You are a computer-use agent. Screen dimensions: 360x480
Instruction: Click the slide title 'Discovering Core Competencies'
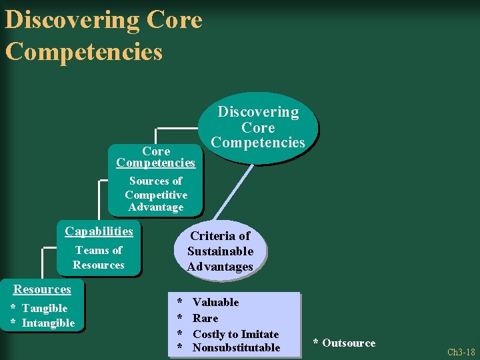click(103, 35)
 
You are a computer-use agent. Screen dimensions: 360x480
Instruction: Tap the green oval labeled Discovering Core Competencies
click(258, 127)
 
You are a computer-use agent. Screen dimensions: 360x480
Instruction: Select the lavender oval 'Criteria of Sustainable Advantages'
click(220, 251)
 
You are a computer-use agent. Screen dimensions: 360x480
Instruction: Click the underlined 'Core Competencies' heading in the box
click(155, 157)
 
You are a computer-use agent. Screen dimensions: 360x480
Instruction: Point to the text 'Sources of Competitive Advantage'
click(155, 194)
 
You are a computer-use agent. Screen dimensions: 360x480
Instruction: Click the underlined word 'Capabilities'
click(99, 231)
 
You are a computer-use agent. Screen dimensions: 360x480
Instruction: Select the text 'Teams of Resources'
click(99, 257)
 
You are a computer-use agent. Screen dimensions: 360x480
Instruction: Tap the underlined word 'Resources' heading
click(42, 289)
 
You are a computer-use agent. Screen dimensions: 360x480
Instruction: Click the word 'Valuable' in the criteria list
click(215, 302)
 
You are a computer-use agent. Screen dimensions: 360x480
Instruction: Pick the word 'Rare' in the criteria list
click(205, 318)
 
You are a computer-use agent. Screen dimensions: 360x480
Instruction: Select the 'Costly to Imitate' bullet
click(235, 334)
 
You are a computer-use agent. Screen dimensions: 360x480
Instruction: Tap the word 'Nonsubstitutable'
click(236, 347)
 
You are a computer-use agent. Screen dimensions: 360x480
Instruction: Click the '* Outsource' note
click(344, 343)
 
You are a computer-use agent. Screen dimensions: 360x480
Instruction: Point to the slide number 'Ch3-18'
click(461, 352)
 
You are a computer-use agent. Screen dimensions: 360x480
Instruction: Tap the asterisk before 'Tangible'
click(13, 308)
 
